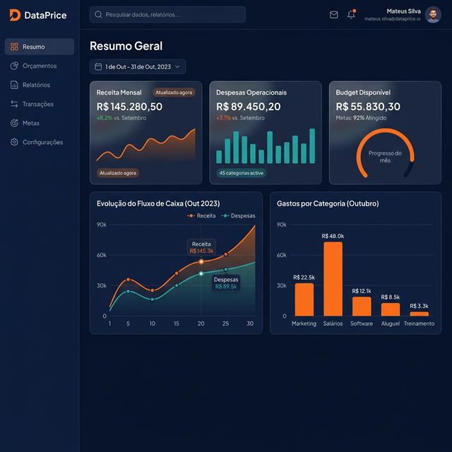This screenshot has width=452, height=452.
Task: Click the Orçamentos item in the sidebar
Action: pyautogui.click(x=39, y=66)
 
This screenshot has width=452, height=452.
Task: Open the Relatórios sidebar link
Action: pyautogui.click(x=36, y=85)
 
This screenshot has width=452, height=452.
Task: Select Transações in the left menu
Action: pyautogui.click(x=37, y=104)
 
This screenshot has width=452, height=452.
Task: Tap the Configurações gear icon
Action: pyautogui.click(x=15, y=142)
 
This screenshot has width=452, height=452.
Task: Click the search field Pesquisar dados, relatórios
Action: pyautogui.click(x=167, y=14)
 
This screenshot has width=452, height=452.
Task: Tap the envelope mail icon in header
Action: pyautogui.click(x=334, y=15)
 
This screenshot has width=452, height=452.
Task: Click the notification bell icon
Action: pyautogui.click(x=351, y=15)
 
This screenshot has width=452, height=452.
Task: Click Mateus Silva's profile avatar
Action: pyautogui.click(x=433, y=15)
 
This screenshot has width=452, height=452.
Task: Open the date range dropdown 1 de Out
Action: pyautogui.click(x=138, y=66)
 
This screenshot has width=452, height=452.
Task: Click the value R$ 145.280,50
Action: pyautogui.click(x=129, y=106)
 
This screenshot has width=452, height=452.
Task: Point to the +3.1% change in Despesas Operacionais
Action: pyautogui.click(x=223, y=118)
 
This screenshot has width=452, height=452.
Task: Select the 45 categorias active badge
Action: pyautogui.click(x=241, y=173)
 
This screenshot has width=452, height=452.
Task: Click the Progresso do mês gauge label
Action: pyautogui.click(x=385, y=157)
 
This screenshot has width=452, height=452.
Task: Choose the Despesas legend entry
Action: pyautogui.click(x=239, y=215)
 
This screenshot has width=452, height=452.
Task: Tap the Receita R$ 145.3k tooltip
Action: pyautogui.click(x=201, y=247)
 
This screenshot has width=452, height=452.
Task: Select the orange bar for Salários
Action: pyautogui.click(x=333, y=279)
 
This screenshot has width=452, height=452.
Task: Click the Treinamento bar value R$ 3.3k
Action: pyautogui.click(x=420, y=306)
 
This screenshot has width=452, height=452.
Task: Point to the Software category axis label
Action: pyautogui.click(x=362, y=323)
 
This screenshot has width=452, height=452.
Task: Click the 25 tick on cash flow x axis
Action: pyautogui.click(x=225, y=323)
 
